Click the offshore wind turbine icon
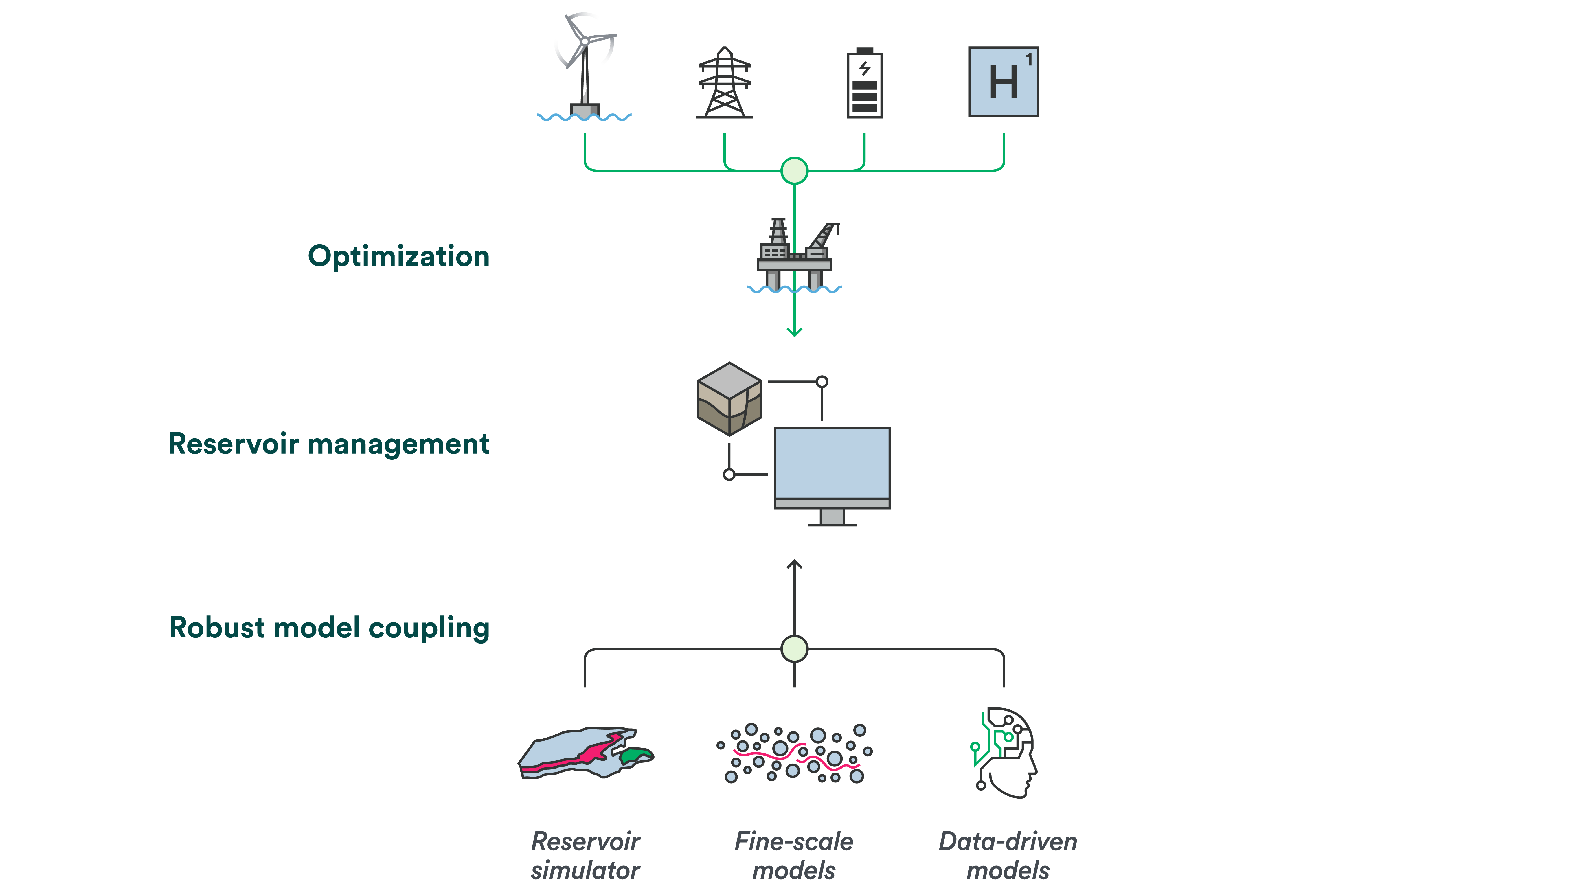coord(585,67)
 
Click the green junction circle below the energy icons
coord(794,171)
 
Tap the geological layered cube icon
coord(729,399)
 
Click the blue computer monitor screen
coord(832,463)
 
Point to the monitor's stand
coord(832,517)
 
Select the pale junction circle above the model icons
coord(794,649)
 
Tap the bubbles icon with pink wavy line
coord(794,753)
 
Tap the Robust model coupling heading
coord(329,628)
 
